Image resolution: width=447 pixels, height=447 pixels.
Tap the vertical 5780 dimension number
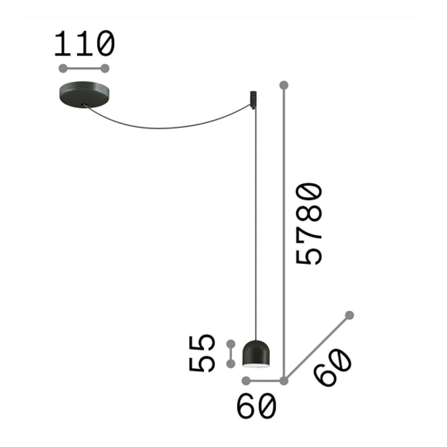(x=309, y=224)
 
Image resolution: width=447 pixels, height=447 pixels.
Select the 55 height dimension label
(x=201, y=354)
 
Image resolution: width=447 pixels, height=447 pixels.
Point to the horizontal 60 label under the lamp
(x=257, y=406)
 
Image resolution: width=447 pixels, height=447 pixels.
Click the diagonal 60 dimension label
(x=333, y=368)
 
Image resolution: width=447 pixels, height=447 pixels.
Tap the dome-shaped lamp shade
(x=256, y=354)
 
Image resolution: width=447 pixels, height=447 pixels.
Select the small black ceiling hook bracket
(x=253, y=100)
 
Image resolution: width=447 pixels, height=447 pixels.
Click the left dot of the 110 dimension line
(x=63, y=69)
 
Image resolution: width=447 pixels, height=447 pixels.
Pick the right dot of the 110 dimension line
(x=105, y=69)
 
